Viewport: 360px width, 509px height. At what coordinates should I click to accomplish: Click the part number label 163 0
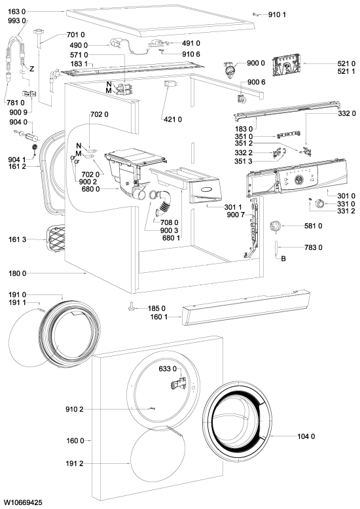point(16,12)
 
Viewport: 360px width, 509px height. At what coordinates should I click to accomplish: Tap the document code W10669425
point(23,503)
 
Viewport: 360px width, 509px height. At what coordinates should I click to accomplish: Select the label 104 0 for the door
point(306,436)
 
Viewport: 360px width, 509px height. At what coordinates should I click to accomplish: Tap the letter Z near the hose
point(31,69)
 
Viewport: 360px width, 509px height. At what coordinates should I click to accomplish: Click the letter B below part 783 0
point(283,258)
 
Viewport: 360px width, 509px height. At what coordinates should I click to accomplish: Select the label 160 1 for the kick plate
point(159,317)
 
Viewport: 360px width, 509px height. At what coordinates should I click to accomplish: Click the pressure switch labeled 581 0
point(274,226)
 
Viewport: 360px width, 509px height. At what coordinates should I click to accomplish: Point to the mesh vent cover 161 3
point(56,239)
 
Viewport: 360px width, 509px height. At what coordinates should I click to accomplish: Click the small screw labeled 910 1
point(255,14)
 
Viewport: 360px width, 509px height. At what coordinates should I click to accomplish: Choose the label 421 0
point(173,120)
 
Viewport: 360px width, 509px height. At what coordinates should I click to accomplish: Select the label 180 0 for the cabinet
point(17,273)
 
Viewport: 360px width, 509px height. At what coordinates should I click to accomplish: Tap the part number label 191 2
point(75,464)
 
